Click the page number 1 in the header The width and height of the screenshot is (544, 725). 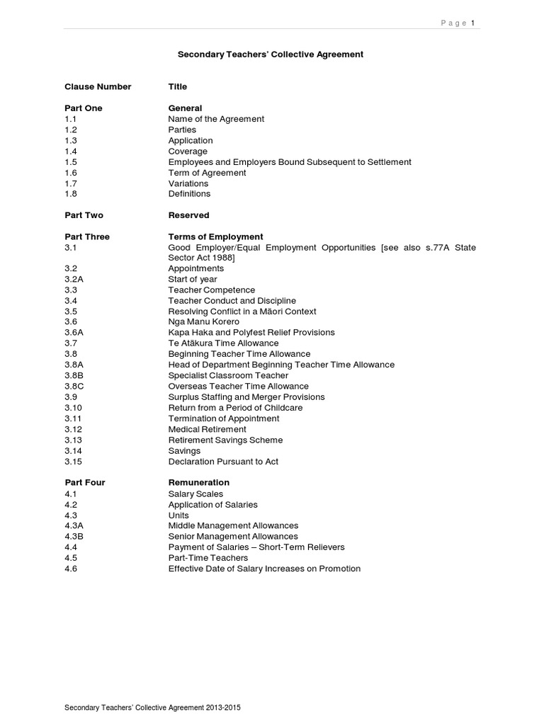pyautogui.click(x=472, y=23)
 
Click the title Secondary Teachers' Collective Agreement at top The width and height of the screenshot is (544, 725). pyautogui.click(x=270, y=54)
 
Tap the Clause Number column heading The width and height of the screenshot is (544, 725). pyautogui.click(x=98, y=86)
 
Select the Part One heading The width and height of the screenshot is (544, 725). pyautogui.click(x=84, y=108)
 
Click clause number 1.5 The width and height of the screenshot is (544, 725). pyautogui.click(x=71, y=162)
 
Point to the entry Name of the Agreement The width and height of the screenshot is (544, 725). pyautogui.click(x=216, y=119)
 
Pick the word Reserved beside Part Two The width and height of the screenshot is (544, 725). pyautogui.click(x=188, y=215)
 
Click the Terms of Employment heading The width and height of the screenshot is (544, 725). pyautogui.click(x=215, y=236)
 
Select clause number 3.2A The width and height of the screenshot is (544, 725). pyautogui.click(x=74, y=280)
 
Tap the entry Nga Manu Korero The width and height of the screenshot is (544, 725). pyautogui.click(x=203, y=322)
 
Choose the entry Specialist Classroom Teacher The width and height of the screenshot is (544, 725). pyautogui.click(x=228, y=376)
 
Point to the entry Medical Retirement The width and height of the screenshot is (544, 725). pyautogui.click(x=207, y=429)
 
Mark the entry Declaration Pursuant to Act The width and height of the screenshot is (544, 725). pyautogui.click(x=223, y=462)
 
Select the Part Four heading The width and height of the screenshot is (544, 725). pyautogui.click(x=84, y=483)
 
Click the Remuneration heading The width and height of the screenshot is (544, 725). pyautogui.click(x=198, y=483)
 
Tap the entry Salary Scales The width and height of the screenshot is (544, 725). pyautogui.click(x=195, y=494)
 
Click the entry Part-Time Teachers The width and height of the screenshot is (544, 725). pyautogui.click(x=208, y=558)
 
